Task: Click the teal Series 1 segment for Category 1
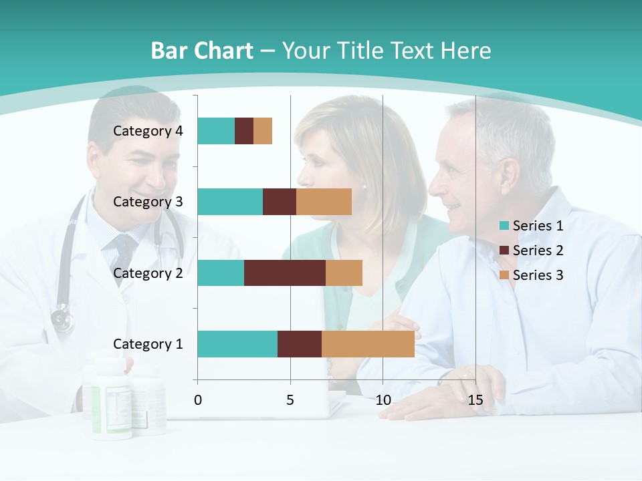coord(237,344)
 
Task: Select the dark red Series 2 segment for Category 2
coord(285,273)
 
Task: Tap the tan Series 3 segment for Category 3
coord(324,202)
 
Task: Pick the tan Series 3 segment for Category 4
coord(263,131)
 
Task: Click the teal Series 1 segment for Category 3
coord(230,202)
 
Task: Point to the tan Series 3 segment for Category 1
coord(368,344)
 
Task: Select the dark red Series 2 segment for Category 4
coord(244,131)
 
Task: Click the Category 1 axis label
coord(148,344)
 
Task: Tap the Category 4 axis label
coord(148,131)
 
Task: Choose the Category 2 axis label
coord(148,273)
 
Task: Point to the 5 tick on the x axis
coord(290,401)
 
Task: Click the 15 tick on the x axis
coord(475,401)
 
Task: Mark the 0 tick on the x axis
coord(198,401)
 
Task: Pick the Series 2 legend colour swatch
coord(504,251)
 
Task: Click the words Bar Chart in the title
coord(202,51)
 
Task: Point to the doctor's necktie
coord(124,251)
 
